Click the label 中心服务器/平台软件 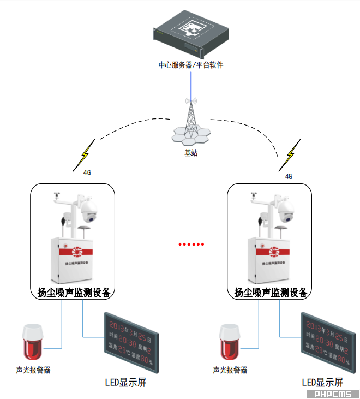click(x=191, y=65)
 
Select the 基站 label click(x=191, y=153)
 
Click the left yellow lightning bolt click(x=86, y=156)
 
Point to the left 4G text click(x=87, y=172)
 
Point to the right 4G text click(x=289, y=176)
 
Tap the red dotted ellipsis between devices click(x=191, y=244)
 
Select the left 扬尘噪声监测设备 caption click(x=74, y=293)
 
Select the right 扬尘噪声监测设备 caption click(x=270, y=293)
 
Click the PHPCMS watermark click(x=332, y=394)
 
